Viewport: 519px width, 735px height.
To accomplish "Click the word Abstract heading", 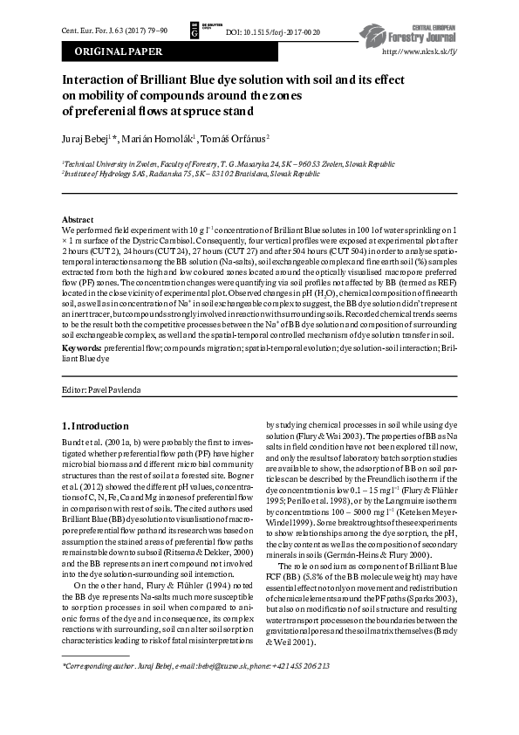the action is [x=79, y=218].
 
